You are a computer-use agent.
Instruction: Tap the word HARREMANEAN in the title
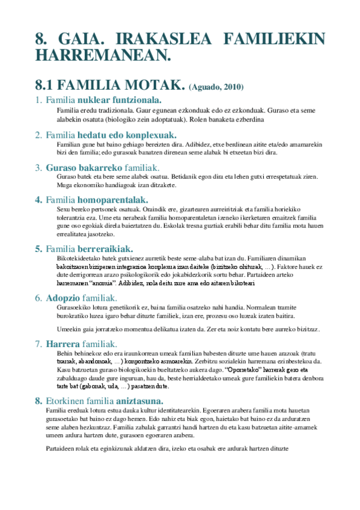tap(102, 56)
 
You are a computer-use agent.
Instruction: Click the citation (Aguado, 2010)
tap(216, 87)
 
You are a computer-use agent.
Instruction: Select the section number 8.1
tap(49, 85)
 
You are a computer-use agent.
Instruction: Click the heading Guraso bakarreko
tap(76, 167)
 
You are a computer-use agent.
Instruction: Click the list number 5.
tap(38, 248)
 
